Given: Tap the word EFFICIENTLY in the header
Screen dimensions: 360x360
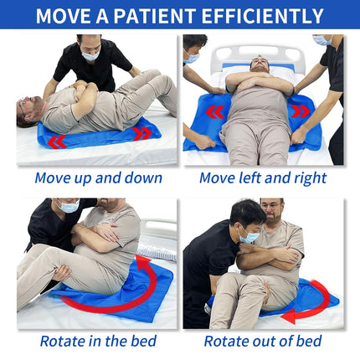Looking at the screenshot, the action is coord(262,16).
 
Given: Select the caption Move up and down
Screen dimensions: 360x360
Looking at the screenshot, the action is coord(99,178).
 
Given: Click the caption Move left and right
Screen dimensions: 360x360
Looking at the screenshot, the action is coord(263,178).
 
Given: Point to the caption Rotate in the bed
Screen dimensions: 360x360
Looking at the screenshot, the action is coord(98,341).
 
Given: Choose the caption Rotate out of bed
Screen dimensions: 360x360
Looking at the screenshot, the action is coord(263,341).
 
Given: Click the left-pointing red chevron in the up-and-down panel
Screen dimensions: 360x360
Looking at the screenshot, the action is coord(57,141).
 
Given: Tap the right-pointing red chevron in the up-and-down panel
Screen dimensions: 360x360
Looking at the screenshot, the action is coord(142,133).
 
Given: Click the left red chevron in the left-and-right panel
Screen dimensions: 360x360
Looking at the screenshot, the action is coord(215,112).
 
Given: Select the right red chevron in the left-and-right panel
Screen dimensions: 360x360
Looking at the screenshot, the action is coord(301,111).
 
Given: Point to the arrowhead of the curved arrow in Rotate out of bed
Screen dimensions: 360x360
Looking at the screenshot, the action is coord(288,316).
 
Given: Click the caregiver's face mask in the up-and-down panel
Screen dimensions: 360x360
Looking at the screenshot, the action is coord(90,55).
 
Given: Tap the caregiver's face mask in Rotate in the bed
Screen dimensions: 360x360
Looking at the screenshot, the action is coord(69,207).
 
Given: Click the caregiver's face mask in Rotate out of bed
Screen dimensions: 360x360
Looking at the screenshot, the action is coord(249,237).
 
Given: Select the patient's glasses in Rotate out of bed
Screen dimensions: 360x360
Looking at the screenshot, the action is coord(270,207).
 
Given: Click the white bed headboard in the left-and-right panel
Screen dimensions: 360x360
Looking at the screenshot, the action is coord(257,56).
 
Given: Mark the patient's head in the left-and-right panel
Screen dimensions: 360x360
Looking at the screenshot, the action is coord(260,64).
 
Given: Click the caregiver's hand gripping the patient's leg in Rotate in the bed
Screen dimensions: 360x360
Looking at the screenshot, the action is coord(62,273).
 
